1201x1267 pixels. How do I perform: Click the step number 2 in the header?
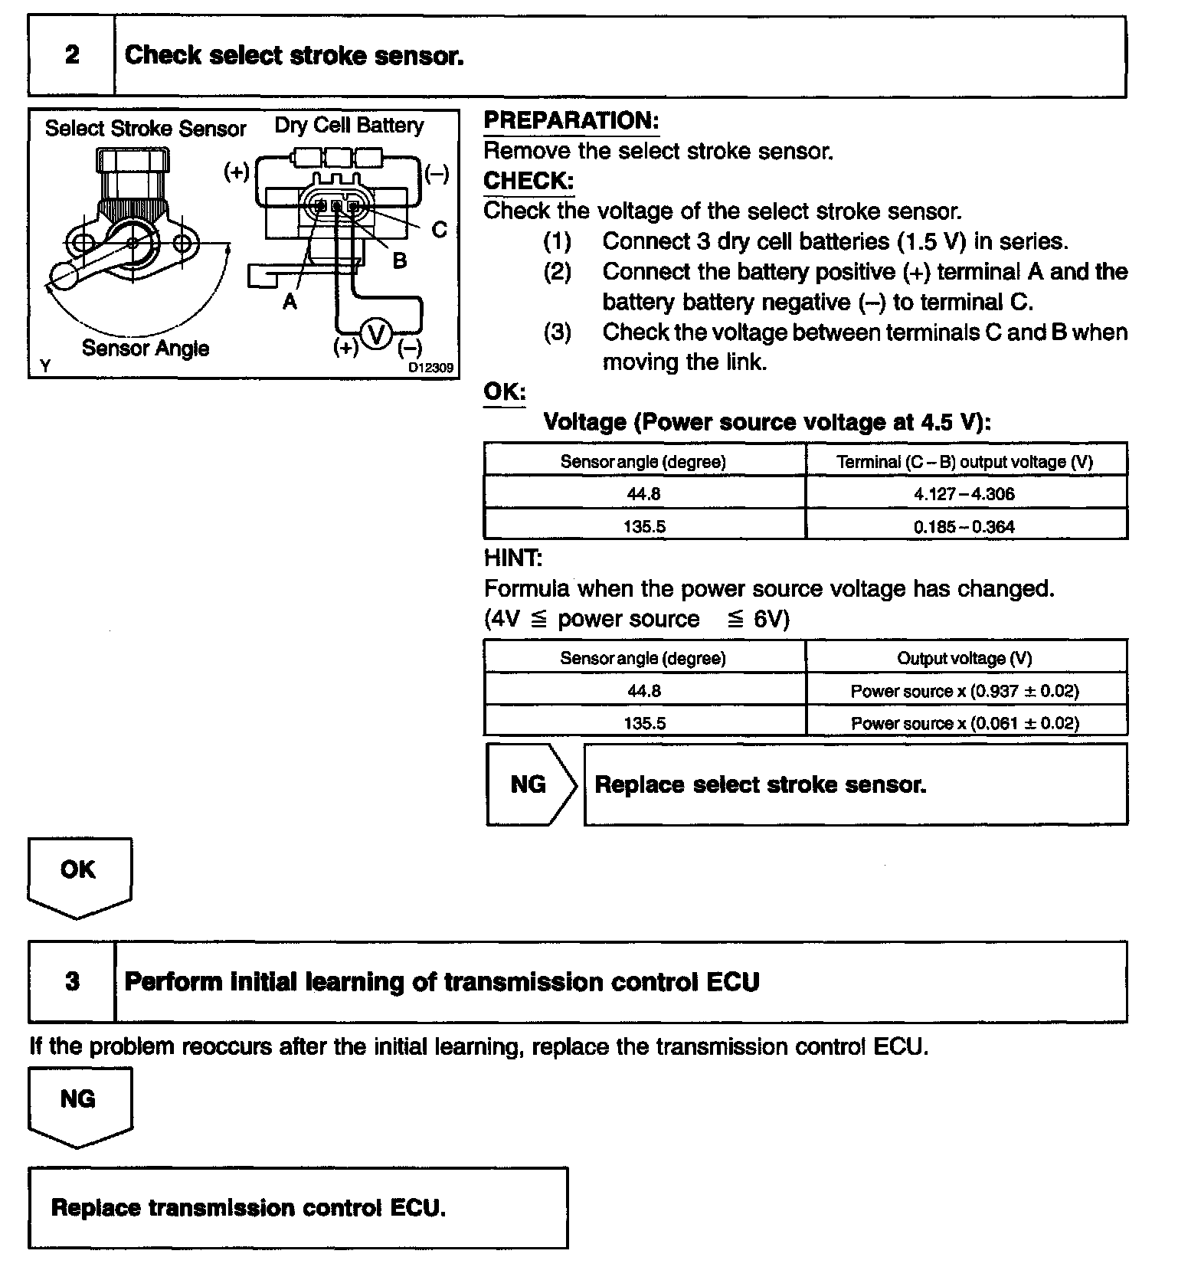click(72, 55)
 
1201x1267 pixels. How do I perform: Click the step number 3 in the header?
click(72, 981)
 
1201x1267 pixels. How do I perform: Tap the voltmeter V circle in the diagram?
click(376, 335)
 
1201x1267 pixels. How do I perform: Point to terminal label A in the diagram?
click(290, 302)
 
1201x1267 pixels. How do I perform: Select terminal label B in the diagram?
click(399, 261)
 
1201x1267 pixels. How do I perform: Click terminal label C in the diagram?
click(439, 229)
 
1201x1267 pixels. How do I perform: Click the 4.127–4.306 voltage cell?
click(964, 494)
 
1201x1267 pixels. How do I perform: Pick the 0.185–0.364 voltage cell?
click(964, 526)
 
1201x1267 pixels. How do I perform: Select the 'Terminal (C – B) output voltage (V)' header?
click(964, 462)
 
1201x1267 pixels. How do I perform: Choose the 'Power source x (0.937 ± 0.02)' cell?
click(964, 691)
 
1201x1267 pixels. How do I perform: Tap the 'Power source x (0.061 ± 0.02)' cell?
click(964, 723)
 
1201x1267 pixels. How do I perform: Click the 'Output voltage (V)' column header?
click(964, 659)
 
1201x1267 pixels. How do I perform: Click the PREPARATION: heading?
click(571, 121)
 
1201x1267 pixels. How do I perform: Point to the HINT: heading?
click(513, 558)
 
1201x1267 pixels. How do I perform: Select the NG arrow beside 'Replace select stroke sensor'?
click(529, 784)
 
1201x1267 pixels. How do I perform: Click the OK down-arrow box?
click(79, 873)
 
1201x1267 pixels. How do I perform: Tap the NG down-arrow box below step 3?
click(79, 1103)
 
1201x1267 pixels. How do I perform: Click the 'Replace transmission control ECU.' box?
click(298, 1208)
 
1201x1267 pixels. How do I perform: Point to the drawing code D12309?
click(430, 368)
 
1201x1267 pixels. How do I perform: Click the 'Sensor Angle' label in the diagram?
click(146, 349)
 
